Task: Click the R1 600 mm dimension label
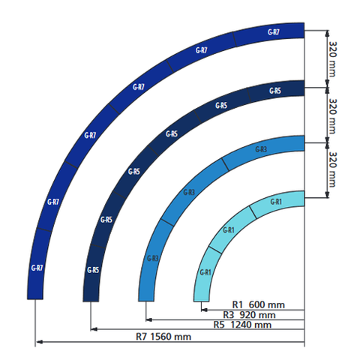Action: click(256, 304)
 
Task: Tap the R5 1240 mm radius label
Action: click(242, 325)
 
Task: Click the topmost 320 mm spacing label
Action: click(332, 58)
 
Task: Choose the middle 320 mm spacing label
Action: click(332, 116)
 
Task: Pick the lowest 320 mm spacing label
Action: click(332, 169)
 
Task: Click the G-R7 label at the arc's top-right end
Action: click(274, 32)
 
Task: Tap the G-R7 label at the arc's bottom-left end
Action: click(37, 268)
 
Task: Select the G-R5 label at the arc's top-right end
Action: click(274, 91)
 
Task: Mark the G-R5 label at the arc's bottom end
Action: click(92, 270)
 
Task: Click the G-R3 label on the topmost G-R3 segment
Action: click(261, 150)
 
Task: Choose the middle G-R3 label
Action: click(190, 193)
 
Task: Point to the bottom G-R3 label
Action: click(152, 259)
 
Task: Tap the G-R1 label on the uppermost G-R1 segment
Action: click(275, 202)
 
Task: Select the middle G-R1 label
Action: click(229, 230)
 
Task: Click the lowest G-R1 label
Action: click(205, 272)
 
